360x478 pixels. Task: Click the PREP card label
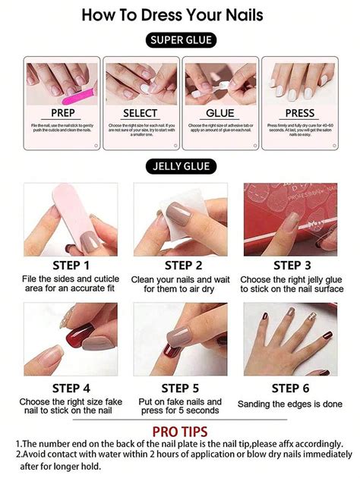click(x=62, y=113)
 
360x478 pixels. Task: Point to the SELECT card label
click(x=141, y=113)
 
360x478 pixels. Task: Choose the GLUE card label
click(x=219, y=113)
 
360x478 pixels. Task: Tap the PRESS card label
click(x=298, y=113)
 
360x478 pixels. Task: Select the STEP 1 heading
click(x=71, y=266)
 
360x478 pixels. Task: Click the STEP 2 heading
click(x=182, y=266)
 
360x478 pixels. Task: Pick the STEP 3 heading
click(x=292, y=266)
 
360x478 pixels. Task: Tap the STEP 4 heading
click(x=71, y=388)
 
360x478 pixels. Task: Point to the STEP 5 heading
click(x=181, y=388)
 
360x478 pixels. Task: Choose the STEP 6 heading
click(x=292, y=388)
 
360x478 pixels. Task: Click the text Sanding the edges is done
click(x=290, y=404)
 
